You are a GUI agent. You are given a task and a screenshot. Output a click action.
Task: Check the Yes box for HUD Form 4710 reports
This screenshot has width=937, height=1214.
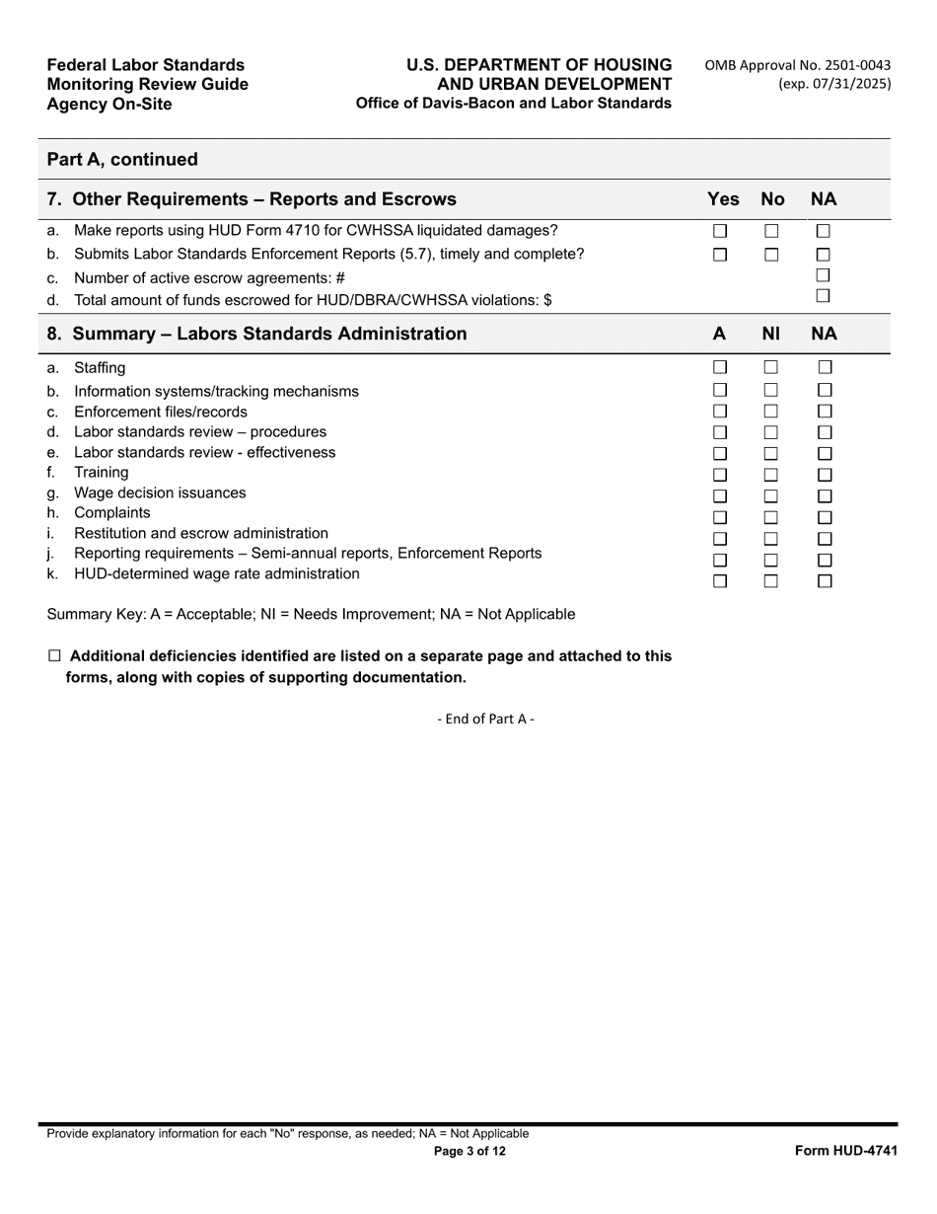click(x=720, y=231)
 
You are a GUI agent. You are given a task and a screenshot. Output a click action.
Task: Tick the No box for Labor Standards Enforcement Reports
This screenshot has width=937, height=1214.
click(x=771, y=255)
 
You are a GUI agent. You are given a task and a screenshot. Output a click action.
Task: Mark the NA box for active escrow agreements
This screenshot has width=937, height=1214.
click(x=824, y=274)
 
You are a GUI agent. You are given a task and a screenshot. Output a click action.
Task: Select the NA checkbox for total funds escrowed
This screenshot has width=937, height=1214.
click(x=824, y=295)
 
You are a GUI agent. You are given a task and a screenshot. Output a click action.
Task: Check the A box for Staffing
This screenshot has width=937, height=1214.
click(x=720, y=368)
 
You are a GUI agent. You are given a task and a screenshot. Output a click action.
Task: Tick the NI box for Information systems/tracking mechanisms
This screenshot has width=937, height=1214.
click(x=771, y=391)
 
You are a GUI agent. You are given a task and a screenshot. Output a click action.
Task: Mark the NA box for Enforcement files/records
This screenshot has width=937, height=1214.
click(x=825, y=411)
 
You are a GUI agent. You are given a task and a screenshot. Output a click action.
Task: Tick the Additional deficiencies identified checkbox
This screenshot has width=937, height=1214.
click(x=54, y=656)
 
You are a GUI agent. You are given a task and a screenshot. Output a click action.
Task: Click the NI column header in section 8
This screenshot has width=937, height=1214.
click(x=771, y=334)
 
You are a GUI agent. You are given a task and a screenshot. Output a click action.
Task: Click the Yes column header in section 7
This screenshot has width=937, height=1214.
click(x=723, y=199)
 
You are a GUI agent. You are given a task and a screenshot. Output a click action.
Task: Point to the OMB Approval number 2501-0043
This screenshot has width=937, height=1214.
click(x=798, y=65)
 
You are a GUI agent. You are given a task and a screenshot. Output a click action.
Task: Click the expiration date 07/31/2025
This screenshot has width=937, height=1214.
click(x=834, y=84)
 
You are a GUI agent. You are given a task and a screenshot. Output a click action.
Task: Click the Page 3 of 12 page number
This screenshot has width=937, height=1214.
click(x=469, y=1151)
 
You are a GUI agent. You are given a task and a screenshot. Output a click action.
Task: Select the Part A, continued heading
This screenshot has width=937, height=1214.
click(x=122, y=159)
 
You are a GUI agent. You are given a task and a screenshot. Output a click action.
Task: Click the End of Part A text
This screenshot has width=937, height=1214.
click(x=485, y=719)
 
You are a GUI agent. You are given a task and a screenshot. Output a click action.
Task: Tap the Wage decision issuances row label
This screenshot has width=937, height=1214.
click(x=160, y=493)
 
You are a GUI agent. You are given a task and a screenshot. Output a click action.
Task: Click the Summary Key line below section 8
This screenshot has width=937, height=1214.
click(x=311, y=614)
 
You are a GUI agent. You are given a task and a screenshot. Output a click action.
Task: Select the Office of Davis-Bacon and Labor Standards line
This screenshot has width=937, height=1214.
click(x=513, y=103)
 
